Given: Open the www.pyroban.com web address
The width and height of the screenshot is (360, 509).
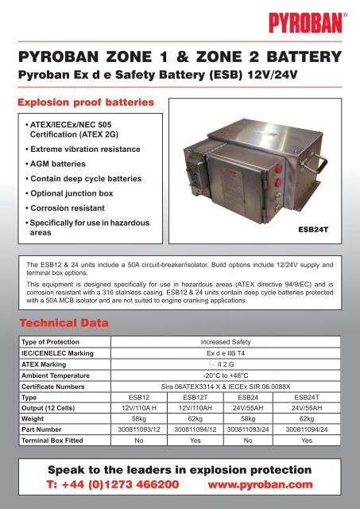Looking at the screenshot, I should (x=258, y=484).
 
